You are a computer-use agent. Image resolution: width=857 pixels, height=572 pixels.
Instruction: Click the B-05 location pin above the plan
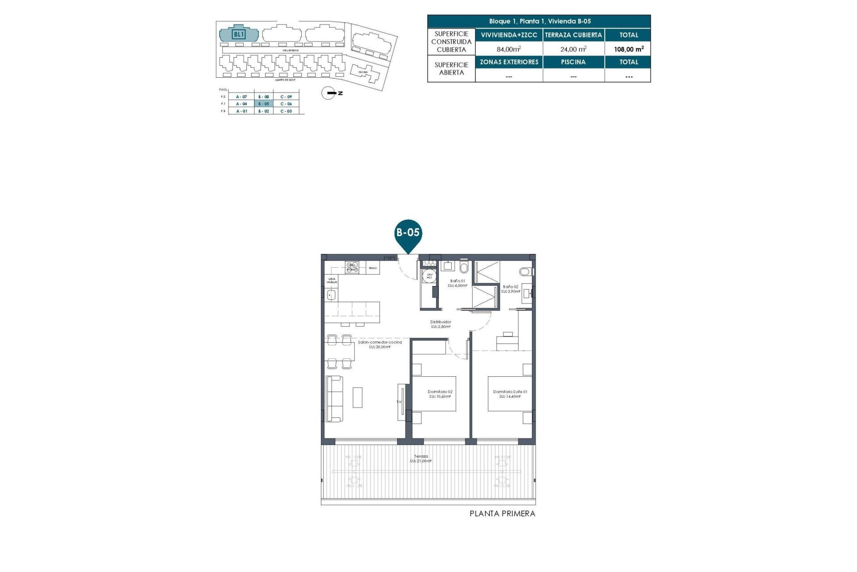pos(408,234)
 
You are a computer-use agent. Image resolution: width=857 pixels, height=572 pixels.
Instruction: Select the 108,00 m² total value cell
pos(628,49)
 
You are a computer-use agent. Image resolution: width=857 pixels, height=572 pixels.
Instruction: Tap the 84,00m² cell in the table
pos(508,49)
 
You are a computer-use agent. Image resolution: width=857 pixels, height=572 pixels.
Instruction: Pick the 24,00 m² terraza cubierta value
pos(573,49)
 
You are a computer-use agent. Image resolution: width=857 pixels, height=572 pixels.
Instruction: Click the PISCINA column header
pos(573,62)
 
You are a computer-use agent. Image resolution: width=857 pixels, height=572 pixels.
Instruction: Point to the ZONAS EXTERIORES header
pos(509,62)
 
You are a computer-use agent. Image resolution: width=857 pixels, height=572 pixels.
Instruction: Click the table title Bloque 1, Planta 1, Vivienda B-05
pos(539,21)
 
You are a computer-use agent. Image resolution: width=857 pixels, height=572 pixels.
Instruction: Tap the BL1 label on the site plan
pos(239,34)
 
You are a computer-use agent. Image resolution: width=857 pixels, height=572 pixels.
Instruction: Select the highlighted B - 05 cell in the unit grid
pos(263,104)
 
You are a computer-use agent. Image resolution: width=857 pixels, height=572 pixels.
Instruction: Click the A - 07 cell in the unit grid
pos(241,97)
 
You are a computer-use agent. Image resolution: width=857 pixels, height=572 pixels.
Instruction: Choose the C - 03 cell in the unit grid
pos(286,111)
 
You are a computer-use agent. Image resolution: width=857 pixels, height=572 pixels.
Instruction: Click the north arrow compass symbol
pos(329,93)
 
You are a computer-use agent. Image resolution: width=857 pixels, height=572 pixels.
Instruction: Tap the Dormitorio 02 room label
pos(440,394)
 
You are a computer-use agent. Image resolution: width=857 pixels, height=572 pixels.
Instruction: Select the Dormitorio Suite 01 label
pos(510,394)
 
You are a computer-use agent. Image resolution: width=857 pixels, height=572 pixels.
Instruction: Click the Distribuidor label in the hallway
pos(441,324)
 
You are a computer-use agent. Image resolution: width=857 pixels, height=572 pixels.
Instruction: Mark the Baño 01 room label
pos(458,283)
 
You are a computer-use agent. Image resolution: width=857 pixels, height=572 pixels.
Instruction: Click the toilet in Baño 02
pos(525,271)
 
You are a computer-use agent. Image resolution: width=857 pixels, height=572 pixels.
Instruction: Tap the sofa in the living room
pos(334,398)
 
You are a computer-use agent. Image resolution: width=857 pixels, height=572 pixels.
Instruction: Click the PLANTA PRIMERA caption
pos(502,514)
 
